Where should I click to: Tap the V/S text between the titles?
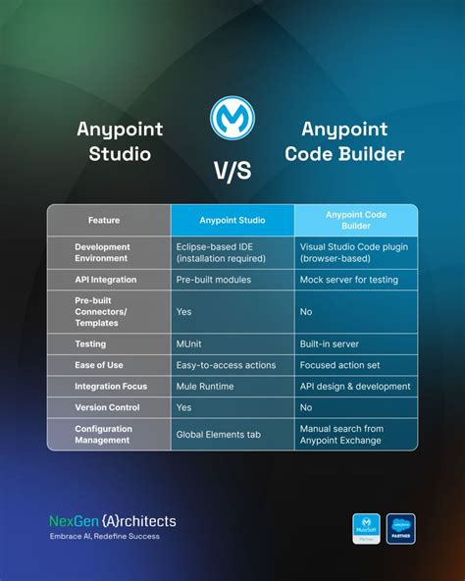[x=232, y=170]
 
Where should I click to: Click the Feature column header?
[x=104, y=221]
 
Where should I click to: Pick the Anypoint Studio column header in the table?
[x=232, y=221]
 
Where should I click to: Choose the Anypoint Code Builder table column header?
[x=355, y=221]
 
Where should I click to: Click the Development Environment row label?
[x=102, y=252]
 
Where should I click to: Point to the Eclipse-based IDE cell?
[x=221, y=252]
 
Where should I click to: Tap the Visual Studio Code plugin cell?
[x=353, y=252]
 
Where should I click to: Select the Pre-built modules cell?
[x=214, y=280]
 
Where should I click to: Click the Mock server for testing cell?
[x=348, y=280]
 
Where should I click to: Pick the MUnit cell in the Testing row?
[x=190, y=344]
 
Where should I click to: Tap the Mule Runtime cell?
[x=204, y=386]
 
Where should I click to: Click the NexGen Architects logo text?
[x=113, y=521]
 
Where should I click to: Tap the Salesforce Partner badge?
[x=400, y=528]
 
